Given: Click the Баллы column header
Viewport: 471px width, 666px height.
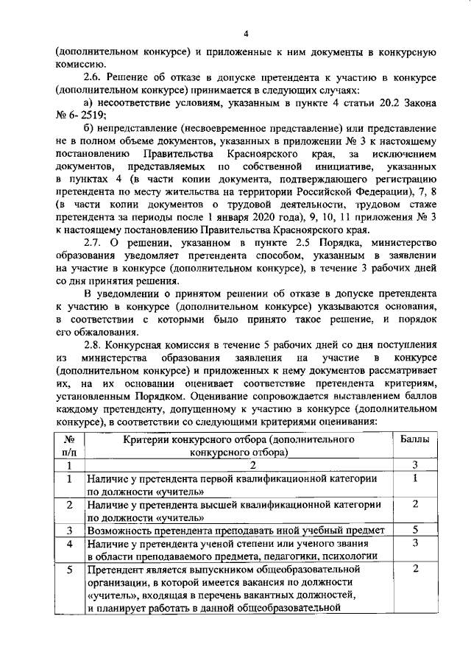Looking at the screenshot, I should tap(415, 439).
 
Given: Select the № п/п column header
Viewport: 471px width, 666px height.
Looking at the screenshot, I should tap(68, 445).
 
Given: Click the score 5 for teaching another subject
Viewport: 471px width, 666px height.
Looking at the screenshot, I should tap(415, 530).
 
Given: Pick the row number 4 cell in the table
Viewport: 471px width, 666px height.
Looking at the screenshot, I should tap(68, 544).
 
